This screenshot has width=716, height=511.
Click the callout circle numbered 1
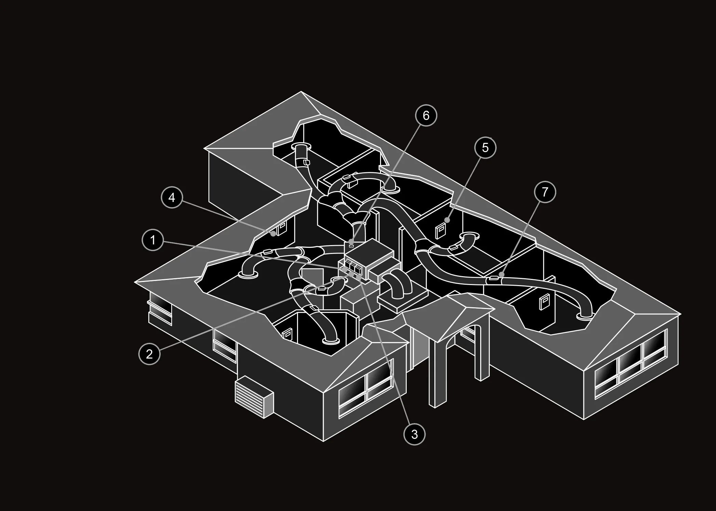click(x=153, y=240)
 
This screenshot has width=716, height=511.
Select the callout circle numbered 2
click(x=149, y=354)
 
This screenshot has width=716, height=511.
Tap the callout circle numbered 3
click(x=414, y=434)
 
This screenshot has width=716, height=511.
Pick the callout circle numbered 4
click(x=172, y=197)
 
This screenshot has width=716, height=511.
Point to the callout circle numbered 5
click(x=485, y=147)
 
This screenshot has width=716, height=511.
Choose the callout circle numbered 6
click(x=426, y=116)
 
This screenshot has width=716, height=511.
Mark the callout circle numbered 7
click(x=545, y=192)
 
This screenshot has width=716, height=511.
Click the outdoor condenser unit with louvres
click(x=254, y=397)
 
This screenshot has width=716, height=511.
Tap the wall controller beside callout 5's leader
click(x=440, y=231)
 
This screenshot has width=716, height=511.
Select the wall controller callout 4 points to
click(x=282, y=228)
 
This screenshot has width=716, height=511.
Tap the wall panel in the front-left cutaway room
click(x=287, y=334)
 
